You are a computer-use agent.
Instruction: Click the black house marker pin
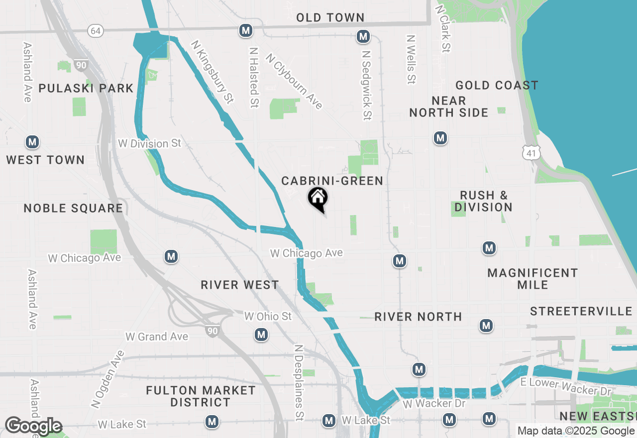click(318, 199)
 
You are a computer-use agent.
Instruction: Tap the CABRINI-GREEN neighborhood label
click(332, 181)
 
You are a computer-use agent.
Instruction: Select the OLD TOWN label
click(330, 18)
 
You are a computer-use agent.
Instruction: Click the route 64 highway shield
click(96, 31)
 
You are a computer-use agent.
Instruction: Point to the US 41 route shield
click(531, 153)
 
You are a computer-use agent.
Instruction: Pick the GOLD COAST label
click(497, 86)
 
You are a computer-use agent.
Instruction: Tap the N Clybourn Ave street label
click(294, 81)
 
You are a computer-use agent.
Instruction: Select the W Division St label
click(149, 143)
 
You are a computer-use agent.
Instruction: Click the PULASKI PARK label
click(86, 89)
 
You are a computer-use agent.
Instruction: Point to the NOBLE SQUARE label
click(73, 208)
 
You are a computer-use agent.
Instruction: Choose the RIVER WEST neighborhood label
click(240, 285)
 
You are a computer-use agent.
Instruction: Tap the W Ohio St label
click(268, 316)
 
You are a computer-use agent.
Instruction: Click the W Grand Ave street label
click(157, 337)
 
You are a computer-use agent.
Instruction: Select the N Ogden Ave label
click(107, 379)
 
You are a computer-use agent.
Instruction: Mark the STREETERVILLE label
click(581, 312)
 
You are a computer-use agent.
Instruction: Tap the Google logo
click(33, 426)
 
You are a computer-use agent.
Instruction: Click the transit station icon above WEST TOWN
click(32, 142)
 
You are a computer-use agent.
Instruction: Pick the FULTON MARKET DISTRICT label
click(201, 396)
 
